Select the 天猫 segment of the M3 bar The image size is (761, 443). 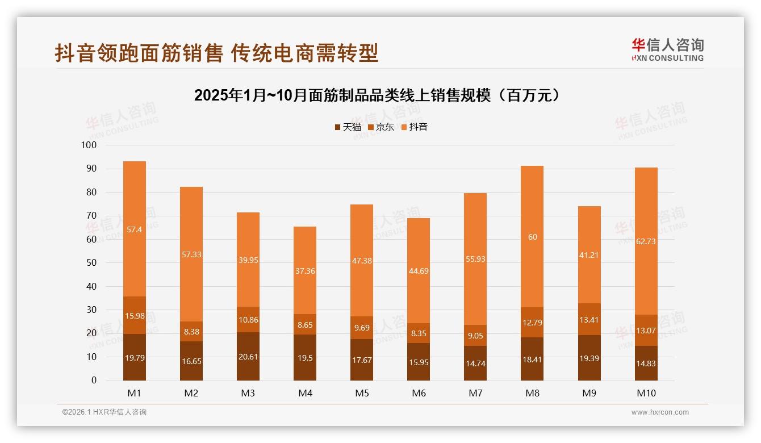(x=248, y=356)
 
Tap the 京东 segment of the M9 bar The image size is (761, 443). (x=589, y=319)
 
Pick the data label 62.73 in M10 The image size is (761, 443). (x=646, y=241)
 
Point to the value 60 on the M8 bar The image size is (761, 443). (x=532, y=237)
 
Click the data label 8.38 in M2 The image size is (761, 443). (x=191, y=332)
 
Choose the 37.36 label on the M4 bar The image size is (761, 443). (x=305, y=271)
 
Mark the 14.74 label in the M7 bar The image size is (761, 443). (x=475, y=363)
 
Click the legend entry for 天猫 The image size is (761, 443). (x=348, y=127)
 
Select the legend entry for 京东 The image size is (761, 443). (x=380, y=127)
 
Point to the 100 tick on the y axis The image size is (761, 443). (x=89, y=145)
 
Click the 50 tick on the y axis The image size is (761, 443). (x=91, y=263)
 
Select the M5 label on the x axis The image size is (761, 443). (x=362, y=393)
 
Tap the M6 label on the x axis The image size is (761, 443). (x=419, y=393)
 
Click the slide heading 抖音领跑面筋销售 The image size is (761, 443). (x=216, y=53)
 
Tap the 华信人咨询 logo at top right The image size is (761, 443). (x=667, y=49)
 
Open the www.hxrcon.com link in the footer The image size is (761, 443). (x=660, y=412)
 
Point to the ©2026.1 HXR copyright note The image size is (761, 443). (x=104, y=412)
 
